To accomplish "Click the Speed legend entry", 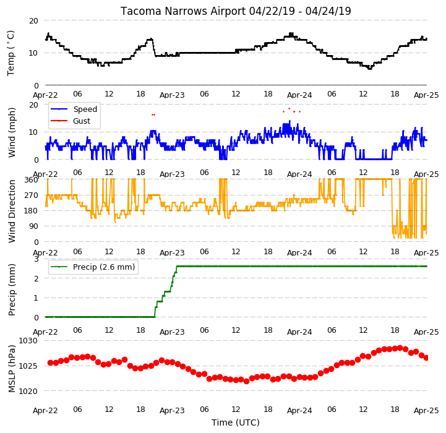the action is (x=74, y=109).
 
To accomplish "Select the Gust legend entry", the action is (x=71, y=121).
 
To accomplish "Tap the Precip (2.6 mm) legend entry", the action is (x=93, y=267).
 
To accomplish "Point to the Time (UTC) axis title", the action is (x=236, y=422).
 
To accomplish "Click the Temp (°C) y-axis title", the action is (x=11, y=53).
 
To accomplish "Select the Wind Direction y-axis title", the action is (x=12, y=211).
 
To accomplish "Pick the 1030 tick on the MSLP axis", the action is (x=28, y=341).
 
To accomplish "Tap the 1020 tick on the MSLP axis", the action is (x=28, y=391).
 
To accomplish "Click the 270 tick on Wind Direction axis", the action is (x=32, y=195).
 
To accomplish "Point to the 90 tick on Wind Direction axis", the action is (x=34, y=226).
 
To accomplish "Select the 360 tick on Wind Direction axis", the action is (x=32, y=180).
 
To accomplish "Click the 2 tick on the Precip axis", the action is (x=36, y=278).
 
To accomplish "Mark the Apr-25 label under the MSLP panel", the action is (x=426, y=411).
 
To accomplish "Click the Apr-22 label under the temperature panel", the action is (x=46, y=95).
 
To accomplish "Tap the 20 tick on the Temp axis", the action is (x=33, y=21).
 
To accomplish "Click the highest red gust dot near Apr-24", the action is (x=289, y=108).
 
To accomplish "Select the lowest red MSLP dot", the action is (x=246, y=382).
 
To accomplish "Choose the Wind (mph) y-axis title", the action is (x=12, y=132).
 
